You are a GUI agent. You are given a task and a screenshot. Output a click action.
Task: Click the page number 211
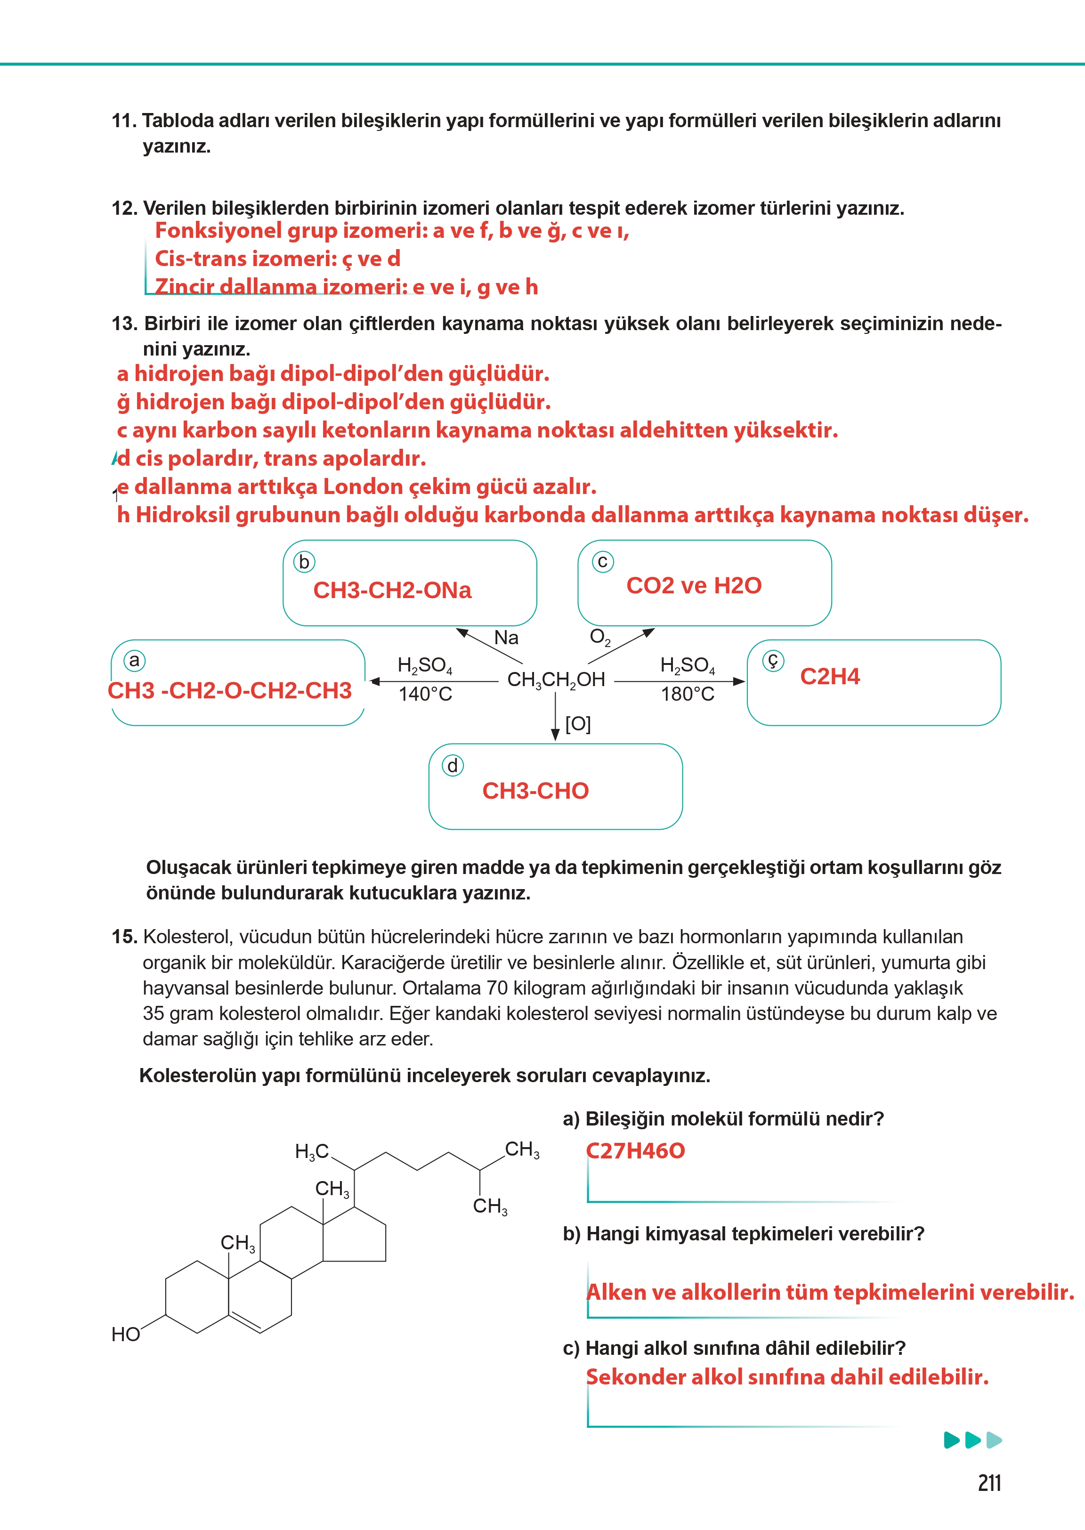point(989,1482)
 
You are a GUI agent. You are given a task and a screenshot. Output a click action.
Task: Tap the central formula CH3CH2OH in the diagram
point(556,680)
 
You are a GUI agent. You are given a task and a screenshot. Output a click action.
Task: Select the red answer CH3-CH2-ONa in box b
point(392,591)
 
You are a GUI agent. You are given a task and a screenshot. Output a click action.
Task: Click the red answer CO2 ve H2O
point(694,585)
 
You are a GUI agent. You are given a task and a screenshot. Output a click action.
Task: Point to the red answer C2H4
point(830,676)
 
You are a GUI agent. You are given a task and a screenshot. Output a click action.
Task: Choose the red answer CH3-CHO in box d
point(535,791)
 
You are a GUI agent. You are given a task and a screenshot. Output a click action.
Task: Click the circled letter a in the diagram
point(134,660)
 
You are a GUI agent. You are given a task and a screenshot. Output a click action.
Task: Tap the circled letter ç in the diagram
point(773,661)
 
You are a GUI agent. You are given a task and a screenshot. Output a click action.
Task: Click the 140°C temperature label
point(426,694)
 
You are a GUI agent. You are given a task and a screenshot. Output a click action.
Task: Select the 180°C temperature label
point(688,694)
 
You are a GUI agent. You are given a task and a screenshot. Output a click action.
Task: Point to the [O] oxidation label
point(578,724)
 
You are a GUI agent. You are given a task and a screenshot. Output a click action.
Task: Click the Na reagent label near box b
point(506,638)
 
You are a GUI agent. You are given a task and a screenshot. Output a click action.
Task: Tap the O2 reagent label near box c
point(599,637)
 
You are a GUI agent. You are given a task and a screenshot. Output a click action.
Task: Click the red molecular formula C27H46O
point(635,1150)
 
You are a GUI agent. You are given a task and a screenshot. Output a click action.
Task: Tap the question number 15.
point(124,937)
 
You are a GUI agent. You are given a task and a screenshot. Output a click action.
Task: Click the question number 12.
point(124,209)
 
